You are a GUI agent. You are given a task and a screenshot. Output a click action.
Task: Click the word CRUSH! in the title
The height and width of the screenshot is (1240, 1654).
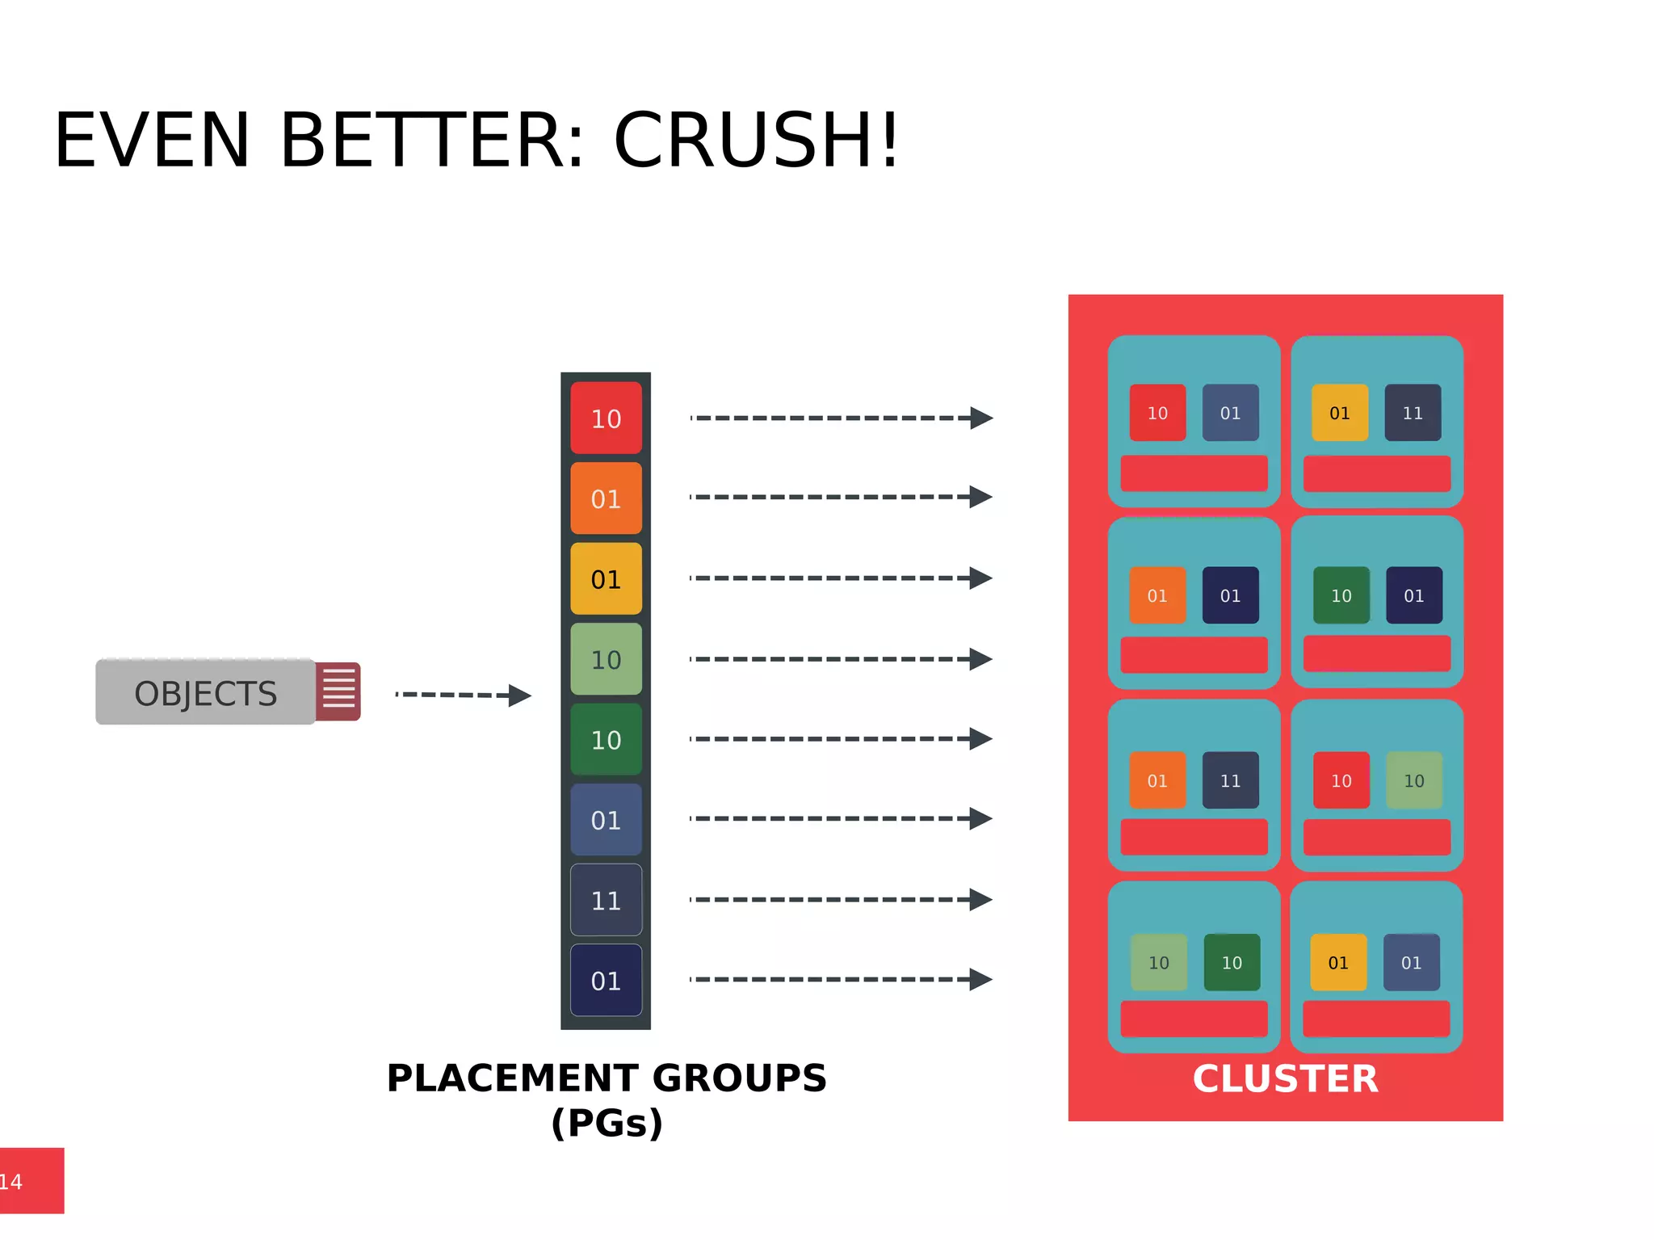(x=756, y=141)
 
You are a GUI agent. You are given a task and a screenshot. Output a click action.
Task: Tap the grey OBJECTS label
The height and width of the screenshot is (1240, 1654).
(x=205, y=693)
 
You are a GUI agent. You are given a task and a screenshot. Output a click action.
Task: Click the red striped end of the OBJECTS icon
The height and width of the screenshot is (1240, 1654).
(x=338, y=691)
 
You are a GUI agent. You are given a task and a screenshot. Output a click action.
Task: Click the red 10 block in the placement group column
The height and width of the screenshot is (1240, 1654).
(x=606, y=418)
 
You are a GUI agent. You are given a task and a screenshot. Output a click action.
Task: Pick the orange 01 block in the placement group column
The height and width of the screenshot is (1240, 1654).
(x=606, y=498)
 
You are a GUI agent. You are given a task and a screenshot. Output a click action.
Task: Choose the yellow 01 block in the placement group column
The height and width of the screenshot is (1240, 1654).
(x=606, y=579)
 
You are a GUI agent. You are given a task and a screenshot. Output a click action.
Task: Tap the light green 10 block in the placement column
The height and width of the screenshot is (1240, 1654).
(x=606, y=659)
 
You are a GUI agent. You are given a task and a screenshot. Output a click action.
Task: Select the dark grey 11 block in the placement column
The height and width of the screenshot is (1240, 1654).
(x=606, y=900)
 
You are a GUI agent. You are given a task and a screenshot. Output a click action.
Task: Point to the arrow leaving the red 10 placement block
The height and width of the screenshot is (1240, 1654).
(x=841, y=418)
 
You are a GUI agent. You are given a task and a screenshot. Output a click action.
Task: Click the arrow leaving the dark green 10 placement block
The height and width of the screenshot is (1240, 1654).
(x=841, y=738)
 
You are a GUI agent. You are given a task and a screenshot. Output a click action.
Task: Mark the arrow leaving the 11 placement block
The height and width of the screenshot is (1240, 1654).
(x=841, y=899)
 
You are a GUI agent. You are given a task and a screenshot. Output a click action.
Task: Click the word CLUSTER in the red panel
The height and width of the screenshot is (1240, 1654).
(x=1285, y=1078)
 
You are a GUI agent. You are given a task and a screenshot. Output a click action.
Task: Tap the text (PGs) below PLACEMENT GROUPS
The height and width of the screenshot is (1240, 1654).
(x=607, y=1123)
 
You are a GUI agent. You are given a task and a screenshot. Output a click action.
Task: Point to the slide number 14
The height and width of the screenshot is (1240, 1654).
(x=11, y=1181)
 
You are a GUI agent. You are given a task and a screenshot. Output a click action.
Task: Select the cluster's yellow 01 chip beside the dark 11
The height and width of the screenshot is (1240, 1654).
(x=1340, y=413)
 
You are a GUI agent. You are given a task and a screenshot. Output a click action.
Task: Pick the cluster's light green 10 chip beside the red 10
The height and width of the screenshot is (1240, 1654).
(x=1413, y=780)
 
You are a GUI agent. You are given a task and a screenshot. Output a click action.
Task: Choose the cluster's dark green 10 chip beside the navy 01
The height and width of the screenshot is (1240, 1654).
(x=1341, y=595)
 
